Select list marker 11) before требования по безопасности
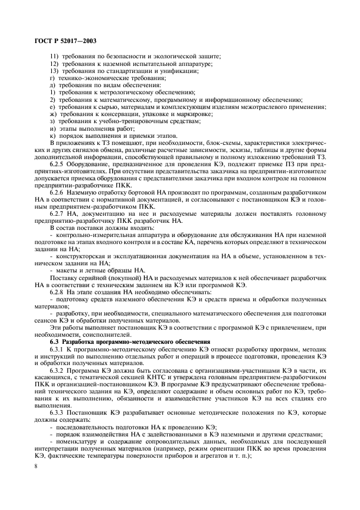(x=53, y=57)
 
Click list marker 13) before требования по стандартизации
(x=53, y=71)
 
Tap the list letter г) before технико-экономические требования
(x=52, y=78)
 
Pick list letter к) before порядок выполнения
(x=52, y=135)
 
